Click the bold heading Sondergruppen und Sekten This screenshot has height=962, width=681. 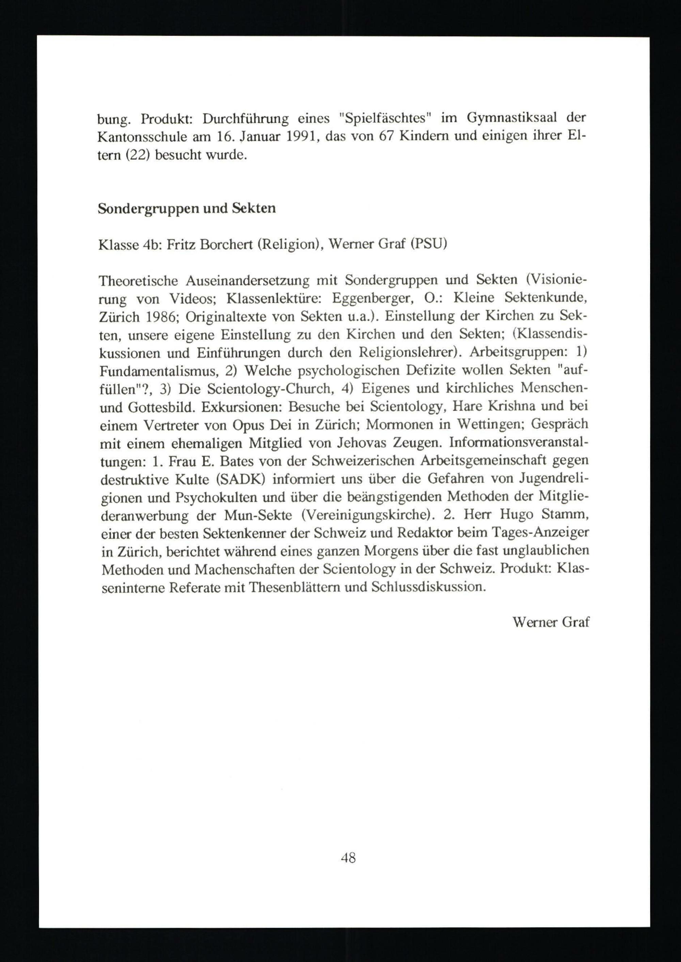187,208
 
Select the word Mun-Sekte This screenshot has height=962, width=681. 257,515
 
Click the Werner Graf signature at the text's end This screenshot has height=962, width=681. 551,622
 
